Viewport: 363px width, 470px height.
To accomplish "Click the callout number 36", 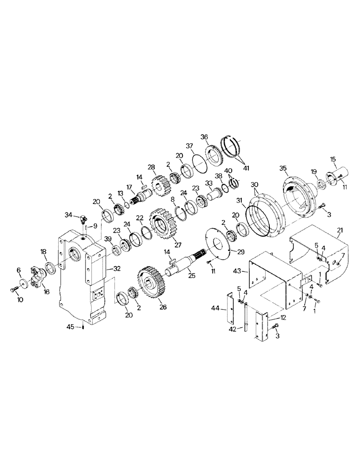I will coord(204,137).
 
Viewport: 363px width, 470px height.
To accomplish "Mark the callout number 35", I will coord(283,168).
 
